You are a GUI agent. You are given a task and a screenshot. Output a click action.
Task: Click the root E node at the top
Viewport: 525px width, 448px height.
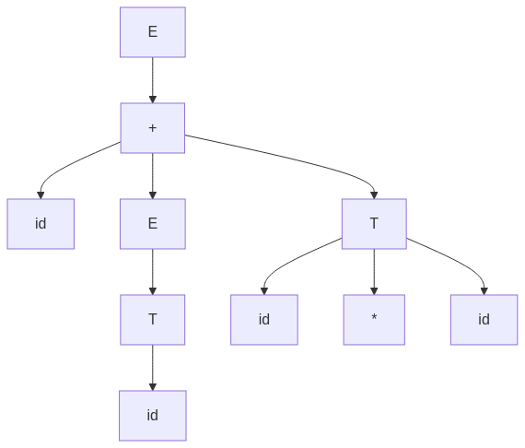[x=153, y=32]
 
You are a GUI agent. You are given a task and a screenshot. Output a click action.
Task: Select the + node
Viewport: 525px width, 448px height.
[x=153, y=128]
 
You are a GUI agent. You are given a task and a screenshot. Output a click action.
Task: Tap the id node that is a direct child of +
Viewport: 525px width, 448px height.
[x=41, y=224]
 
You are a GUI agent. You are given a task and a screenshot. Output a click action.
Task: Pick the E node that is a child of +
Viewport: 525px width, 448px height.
[x=153, y=224]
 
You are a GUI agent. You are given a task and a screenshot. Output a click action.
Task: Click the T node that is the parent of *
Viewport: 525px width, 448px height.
[x=374, y=224]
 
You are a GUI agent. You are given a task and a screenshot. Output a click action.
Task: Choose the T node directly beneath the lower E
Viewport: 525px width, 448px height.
[x=153, y=320]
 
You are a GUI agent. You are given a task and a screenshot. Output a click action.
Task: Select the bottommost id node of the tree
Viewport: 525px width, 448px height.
[x=153, y=416]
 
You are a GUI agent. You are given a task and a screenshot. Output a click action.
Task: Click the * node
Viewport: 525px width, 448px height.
[x=374, y=320]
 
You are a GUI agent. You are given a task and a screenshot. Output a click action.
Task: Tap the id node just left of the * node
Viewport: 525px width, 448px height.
[x=264, y=320]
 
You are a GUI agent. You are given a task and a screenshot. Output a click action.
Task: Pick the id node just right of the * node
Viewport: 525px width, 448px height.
[x=484, y=320]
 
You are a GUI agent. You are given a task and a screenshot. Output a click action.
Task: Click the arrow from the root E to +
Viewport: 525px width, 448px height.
[x=153, y=80]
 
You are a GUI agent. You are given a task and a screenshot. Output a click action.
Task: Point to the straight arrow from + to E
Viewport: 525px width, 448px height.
[x=153, y=176]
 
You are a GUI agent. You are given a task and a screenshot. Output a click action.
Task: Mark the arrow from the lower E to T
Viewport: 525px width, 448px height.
[x=153, y=272]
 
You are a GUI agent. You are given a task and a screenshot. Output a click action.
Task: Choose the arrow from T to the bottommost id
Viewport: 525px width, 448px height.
[x=153, y=368]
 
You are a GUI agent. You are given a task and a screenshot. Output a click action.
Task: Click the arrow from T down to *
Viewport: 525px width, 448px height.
[x=374, y=272]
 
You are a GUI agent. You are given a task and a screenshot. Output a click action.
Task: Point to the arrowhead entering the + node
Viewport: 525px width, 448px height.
[x=153, y=100]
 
